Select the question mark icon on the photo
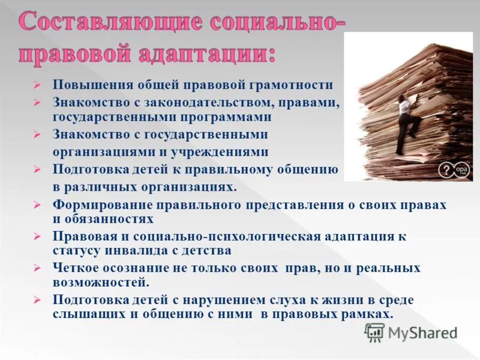tap(445, 170)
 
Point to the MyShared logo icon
tap(374, 332)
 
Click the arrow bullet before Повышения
tap(37, 86)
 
